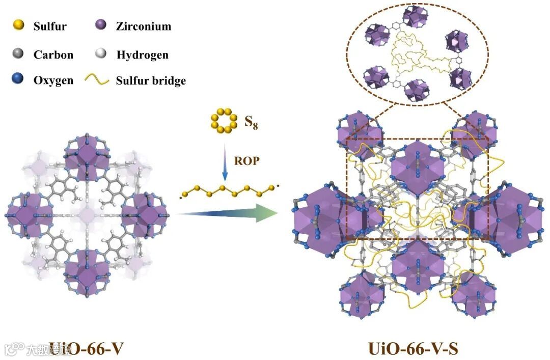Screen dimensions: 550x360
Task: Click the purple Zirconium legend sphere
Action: pyautogui.click(x=101, y=25)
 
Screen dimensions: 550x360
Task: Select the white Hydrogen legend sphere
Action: pyautogui.click(x=101, y=53)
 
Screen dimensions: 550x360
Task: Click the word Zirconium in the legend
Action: pyautogui.click(x=144, y=25)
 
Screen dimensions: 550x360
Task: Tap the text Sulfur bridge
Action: pyautogui.click(x=151, y=80)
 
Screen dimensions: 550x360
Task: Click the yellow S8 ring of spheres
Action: pyautogui.click(x=223, y=121)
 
